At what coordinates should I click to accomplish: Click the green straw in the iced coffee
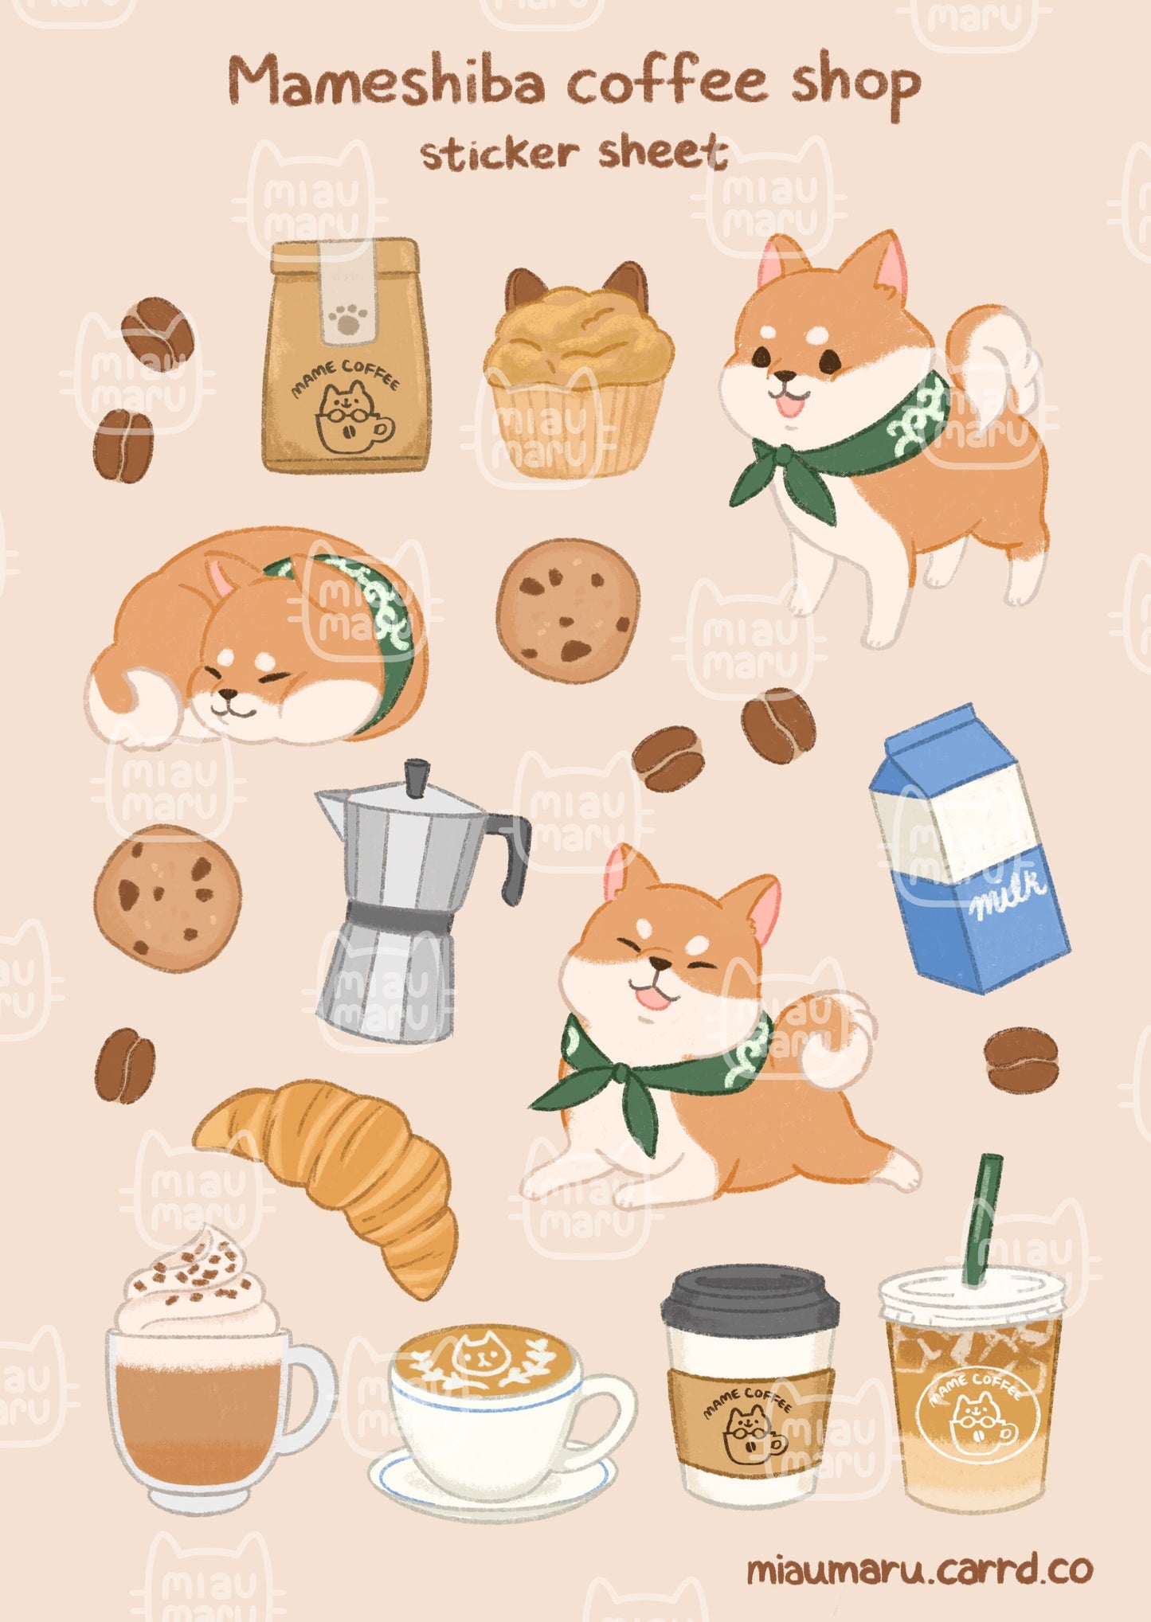[982, 1219]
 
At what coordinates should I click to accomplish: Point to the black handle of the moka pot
[512, 855]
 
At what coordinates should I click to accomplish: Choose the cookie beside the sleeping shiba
[567, 611]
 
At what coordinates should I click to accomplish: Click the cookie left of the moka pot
[167, 897]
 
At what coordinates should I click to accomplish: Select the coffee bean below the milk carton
[1021, 1060]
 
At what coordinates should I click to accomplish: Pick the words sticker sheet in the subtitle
[574, 153]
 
